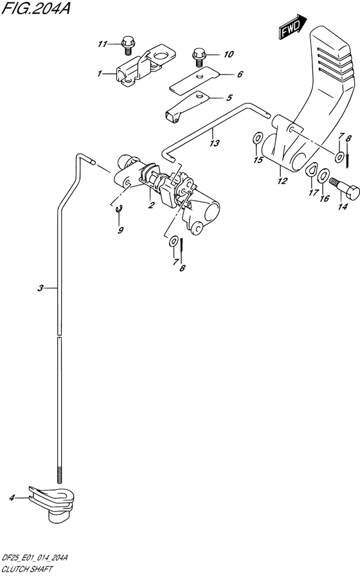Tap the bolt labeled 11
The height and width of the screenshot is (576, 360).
tap(127, 45)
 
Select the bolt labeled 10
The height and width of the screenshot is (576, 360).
tap(199, 57)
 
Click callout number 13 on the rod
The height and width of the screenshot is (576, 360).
tap(214, 143)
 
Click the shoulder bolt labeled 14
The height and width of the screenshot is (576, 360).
tap(344, 188)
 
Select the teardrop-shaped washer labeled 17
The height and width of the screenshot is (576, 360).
tap(312, 170)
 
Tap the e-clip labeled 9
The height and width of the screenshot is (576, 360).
tap(119, 210)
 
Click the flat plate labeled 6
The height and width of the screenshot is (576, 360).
tap(194, 79)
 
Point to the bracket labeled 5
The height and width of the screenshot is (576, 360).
tap(187, 106)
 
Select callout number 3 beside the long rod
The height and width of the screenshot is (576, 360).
tap(40, 289)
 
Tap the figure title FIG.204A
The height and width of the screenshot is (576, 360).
tap(35, 8)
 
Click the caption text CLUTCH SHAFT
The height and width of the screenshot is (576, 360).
tap(27, 570)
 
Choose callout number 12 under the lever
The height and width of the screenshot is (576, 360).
tap(282, 181)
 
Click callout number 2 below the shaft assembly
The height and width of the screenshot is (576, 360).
tap(151, 205)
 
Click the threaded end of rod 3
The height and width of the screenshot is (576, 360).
tap(59, 475)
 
